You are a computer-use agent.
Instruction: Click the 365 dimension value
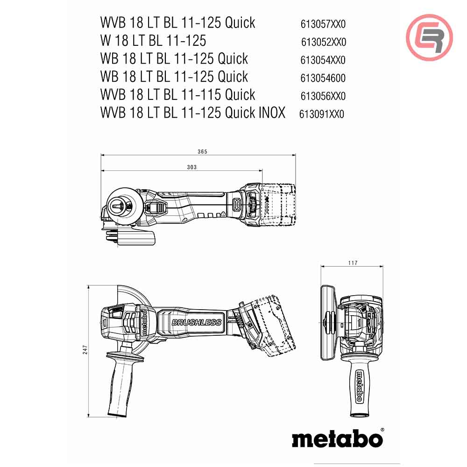(202, 152)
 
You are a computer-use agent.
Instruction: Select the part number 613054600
(323, 78)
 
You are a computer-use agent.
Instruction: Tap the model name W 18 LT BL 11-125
(153, 41)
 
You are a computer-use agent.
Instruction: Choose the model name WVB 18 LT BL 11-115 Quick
(178, 95)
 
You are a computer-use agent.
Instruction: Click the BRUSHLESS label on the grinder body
(196, 322)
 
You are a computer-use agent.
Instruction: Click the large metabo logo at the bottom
(337, 439)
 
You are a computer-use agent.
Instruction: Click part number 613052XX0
(324, 42)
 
